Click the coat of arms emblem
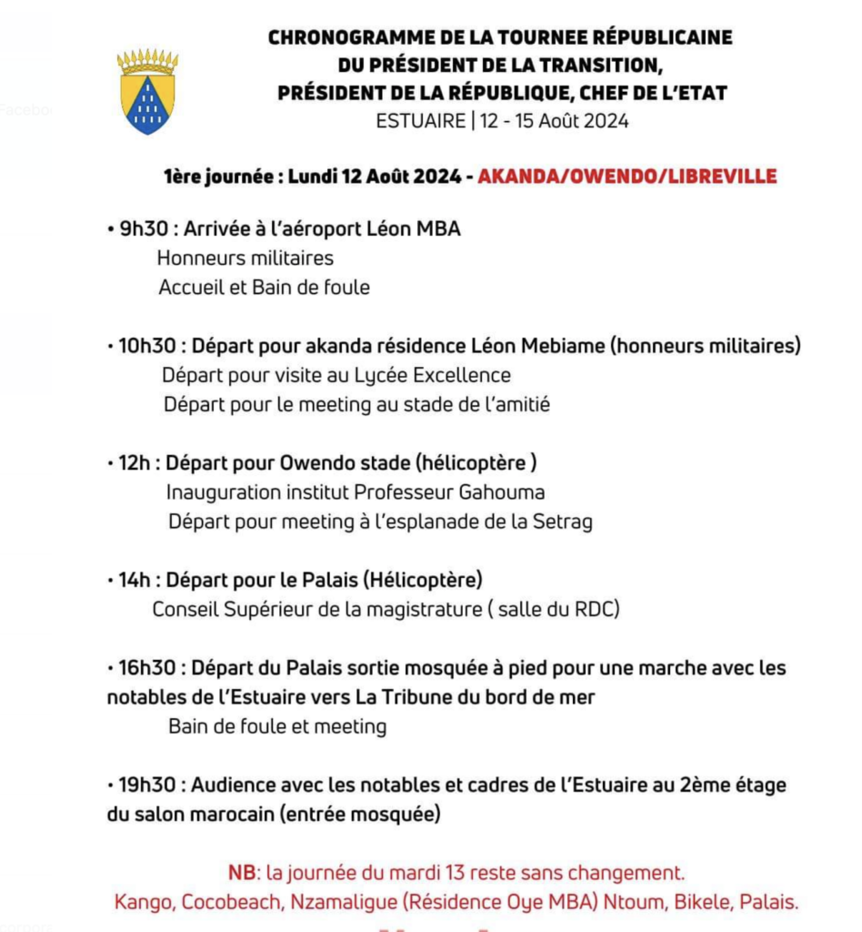coord(147,92)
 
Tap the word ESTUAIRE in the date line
coord(420,120)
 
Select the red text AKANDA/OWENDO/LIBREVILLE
coord(627,176)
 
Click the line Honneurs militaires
coord(245,258)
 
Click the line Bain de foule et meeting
coord(277,726)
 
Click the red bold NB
coord(242,873)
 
